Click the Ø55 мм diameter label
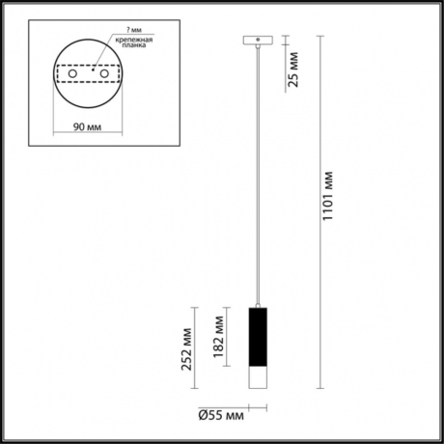pos(219,417)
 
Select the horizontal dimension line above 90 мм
pos(90,116)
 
